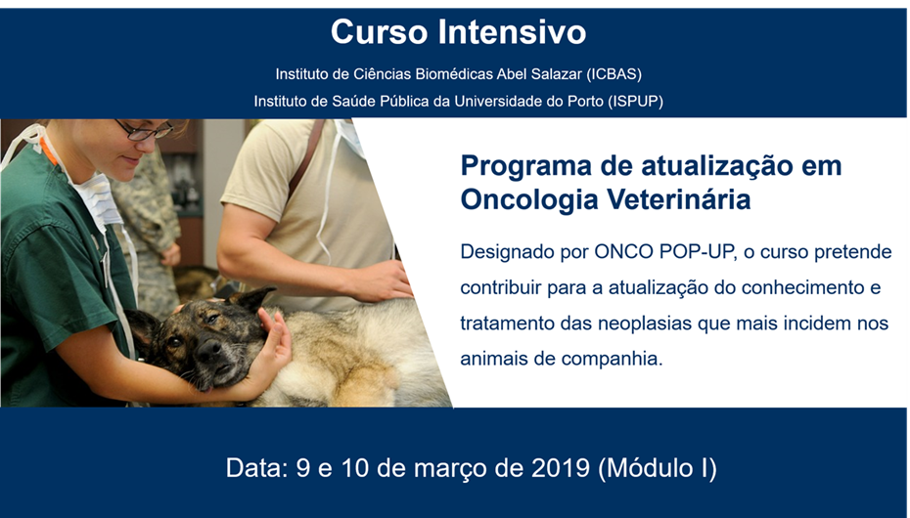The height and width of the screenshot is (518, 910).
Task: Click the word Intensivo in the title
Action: coord(512,32)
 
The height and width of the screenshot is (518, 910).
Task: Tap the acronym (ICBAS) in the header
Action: coord(614,74)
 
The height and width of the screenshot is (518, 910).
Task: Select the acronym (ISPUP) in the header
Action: coord(635,102)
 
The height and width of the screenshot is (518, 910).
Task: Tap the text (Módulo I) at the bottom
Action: coord(658,468)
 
